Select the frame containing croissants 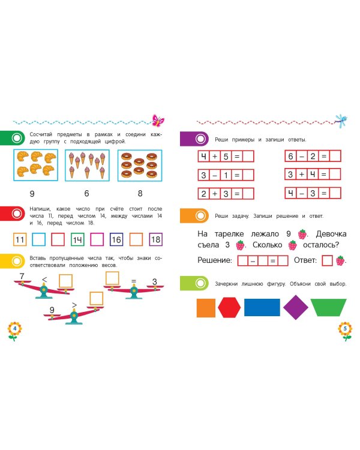point(35,164)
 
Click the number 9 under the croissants point(32,194)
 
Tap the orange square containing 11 point(20,240)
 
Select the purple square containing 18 point(156,240)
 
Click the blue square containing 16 point(117,240)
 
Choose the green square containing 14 point(77,240)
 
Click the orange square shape point(206,308)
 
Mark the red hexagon point(229,308)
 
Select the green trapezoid point(329,308)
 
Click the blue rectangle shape point(261,308)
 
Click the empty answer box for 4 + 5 point(248,157)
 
